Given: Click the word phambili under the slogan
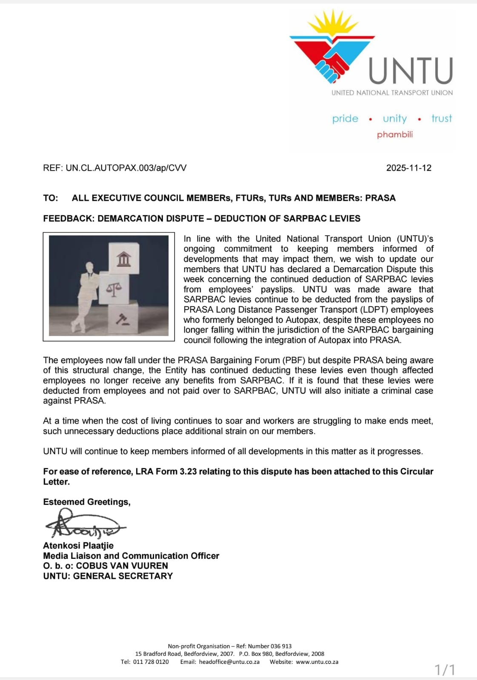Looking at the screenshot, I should click(x=394, y=134).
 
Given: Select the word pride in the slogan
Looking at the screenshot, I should click(x=345, y=119).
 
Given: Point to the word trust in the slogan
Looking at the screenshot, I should click(x=441, y=119).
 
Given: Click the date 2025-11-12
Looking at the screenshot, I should click(x=408, y=168).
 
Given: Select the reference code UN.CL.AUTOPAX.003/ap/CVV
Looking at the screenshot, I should click(x=126, y=168).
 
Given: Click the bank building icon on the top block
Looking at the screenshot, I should click(x=123, y=258).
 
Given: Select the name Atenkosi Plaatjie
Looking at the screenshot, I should click(x=78, y=546).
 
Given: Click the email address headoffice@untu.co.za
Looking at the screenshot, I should click(x=229, y=662).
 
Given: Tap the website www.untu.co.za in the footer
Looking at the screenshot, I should click(x=317, y=662).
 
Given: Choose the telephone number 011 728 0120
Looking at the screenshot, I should click(x=151, y=662).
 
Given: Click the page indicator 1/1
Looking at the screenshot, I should click(x=445, y=670).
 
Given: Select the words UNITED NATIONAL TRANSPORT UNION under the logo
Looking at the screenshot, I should click(x=392, y=93).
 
